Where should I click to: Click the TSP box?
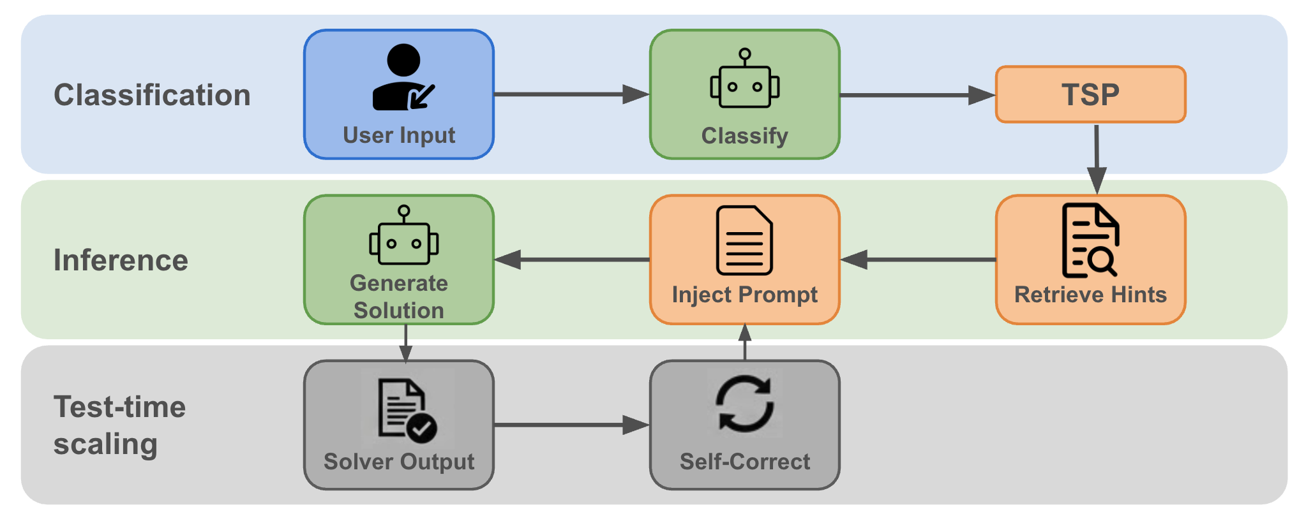[1090, 94]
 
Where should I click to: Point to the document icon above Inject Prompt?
[744, 240]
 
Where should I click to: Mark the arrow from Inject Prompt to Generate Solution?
[571, 260]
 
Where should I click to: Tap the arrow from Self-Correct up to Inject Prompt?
[745, 342]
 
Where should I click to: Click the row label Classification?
[152, 95]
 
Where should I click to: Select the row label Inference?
[121, 260]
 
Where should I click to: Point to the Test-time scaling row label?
[119, 425]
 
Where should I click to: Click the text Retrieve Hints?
[1090, 295]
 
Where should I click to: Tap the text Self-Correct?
[744, 461]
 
